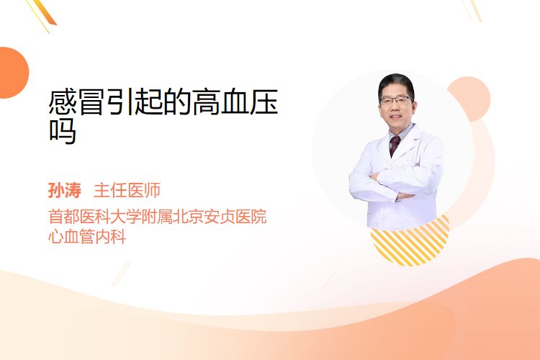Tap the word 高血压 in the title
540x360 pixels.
235,102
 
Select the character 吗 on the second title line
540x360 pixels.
63,131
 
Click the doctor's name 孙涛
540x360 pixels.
65,190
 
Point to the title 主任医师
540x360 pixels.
127,190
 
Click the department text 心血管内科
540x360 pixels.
87,237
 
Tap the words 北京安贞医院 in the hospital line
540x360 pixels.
220,217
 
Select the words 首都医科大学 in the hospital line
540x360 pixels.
95,217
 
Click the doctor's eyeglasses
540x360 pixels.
396,101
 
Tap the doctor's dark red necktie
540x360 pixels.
395,145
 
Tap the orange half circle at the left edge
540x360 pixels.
13,73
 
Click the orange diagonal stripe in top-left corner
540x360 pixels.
45,12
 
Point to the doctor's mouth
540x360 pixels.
396,117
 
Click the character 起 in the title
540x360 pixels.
149,102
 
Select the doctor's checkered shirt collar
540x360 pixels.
402,132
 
